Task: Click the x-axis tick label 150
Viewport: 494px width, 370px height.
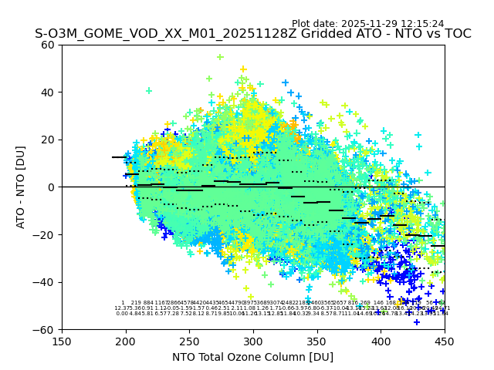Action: click(x=62, y=341)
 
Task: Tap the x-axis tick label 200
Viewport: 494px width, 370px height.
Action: click(x=126, y=341)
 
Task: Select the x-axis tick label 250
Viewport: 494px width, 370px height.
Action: click(x=189, y=341)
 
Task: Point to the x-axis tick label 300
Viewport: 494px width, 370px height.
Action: click(x=253, y=341)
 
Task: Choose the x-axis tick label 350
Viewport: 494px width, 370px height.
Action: click(x=317, y=341)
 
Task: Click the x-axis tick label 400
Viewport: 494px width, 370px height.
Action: click(x=381, y=341)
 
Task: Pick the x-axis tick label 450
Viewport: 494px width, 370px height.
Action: click(x=445, y=341)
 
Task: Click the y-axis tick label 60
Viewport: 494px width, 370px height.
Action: click(x=48, y=45)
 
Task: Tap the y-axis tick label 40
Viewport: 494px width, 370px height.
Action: click(x=48, y=92)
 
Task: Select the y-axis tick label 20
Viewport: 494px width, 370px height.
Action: click(x=48, y=140)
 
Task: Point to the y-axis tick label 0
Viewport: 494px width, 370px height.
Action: click(x=51, y=187)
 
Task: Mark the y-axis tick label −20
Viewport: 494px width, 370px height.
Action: click(x=45, y=234)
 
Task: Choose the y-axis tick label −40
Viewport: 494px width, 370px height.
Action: click(x=45, y=282)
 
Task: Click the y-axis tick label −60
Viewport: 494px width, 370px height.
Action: click(x=45, y=330)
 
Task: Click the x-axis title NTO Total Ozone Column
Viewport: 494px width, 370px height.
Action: click(x=252, y=357)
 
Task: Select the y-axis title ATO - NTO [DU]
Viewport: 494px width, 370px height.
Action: click(x=21, y=187)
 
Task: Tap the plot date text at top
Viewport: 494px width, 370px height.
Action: click(x=367, y=24)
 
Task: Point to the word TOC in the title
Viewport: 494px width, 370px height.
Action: click(x=456, y=34)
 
